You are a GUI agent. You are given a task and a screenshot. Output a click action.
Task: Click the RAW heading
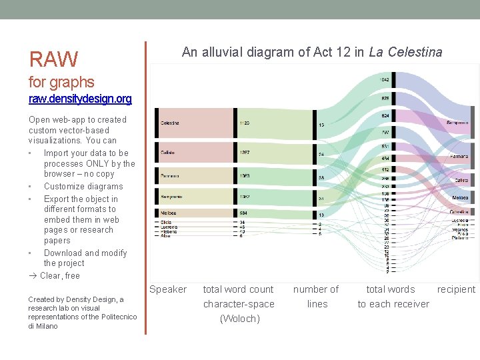53,59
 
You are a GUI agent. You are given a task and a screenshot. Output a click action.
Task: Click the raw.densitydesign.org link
80,99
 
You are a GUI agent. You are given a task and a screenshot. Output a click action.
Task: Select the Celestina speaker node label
170,123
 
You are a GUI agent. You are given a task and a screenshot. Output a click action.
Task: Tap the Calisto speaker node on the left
167,153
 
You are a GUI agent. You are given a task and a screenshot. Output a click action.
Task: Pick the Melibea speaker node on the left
169,213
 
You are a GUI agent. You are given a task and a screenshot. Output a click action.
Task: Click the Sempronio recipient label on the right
457,123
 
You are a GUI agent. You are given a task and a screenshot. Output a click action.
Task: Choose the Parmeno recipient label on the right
459,157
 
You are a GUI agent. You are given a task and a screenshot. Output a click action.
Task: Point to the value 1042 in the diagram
385,79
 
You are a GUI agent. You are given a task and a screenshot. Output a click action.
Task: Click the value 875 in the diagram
385,98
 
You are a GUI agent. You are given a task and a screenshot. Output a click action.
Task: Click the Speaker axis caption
168,289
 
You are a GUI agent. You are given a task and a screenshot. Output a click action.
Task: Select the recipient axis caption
456,289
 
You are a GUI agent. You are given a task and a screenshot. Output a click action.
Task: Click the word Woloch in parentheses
239,319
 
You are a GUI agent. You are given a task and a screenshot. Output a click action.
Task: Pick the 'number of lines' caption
317,297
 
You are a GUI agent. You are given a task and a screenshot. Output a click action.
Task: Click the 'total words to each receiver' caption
393,297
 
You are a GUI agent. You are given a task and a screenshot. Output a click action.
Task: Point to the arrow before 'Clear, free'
33,276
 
